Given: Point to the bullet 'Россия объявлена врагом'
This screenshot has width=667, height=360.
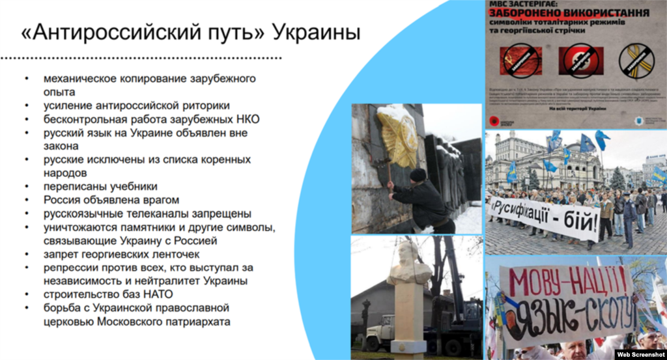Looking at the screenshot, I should click(111, 200).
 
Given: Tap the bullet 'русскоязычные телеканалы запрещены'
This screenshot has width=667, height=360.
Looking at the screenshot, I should click(147, 214).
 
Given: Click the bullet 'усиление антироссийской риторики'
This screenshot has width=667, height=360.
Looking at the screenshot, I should click(137, 105).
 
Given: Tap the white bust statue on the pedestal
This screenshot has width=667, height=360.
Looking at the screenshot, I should click(408, 263).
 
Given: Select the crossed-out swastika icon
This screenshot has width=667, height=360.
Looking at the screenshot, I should click(579, 61).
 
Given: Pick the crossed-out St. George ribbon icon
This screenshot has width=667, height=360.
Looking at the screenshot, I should click(636, 61).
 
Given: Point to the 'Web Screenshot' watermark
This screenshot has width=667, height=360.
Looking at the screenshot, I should click(640, 354).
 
